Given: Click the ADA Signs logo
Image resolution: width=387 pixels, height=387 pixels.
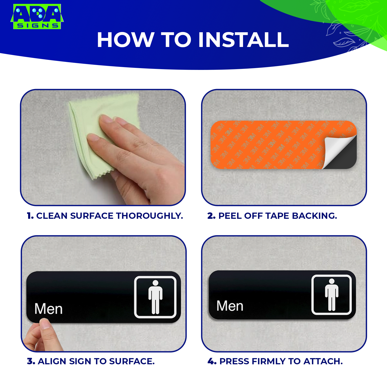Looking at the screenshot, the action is pyautogui.click(x=37, y=17).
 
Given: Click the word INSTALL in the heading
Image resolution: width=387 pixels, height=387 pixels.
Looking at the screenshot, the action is pyautogui.click(x=244, y=40).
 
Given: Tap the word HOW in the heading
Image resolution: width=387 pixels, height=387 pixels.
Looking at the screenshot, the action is pyautogui.click(x=126, y=40).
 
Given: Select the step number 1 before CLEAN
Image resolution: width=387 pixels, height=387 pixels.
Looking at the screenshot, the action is pyautogui.click(x=30, y=216).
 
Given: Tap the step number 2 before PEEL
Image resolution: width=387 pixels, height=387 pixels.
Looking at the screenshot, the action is pyautogui.click(x=211, y=216).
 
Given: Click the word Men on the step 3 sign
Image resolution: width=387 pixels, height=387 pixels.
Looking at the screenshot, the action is pyautogui.click(x=49, y=309).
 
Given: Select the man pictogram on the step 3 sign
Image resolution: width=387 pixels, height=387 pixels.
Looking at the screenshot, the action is pyautogui.click(x=155, y=297).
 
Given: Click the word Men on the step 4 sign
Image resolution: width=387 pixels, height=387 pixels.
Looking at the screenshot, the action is pyautogui.click(x=230, y=306).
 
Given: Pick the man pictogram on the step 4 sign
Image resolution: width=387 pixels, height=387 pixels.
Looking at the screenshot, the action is pyautogui.click(x=332, y=295).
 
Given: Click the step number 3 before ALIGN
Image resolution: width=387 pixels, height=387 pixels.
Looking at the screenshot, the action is pyautogui.click(x=31, y=361).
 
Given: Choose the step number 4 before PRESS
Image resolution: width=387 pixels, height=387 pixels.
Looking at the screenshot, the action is pyautogui.click(x=212, y=361).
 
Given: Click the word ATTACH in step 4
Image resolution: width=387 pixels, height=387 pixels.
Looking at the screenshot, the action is pyautogui.click(x=323, y=361).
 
